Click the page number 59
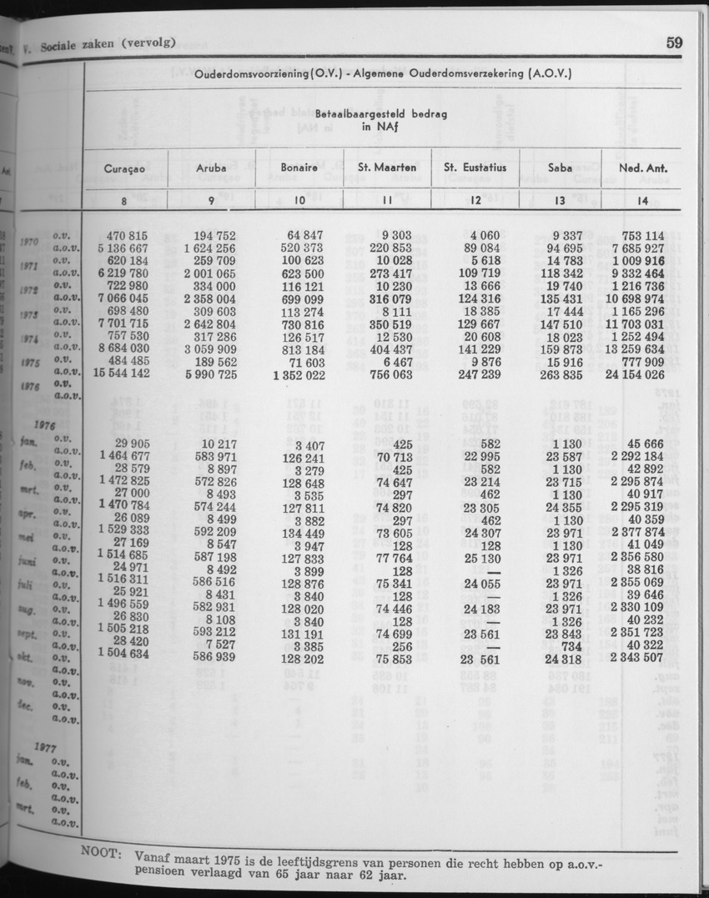click(675, 43)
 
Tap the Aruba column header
click(211, 168)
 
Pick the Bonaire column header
click(299, 168)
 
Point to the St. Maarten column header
click(387, 168)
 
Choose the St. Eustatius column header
click(475, 168)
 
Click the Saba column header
click(561, 168)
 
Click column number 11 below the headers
click(387, 200)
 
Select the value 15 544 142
click(123, 375)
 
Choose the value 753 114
click(638, 236)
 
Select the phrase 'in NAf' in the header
click(378, 128)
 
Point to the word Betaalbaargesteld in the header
click(351, 115)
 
